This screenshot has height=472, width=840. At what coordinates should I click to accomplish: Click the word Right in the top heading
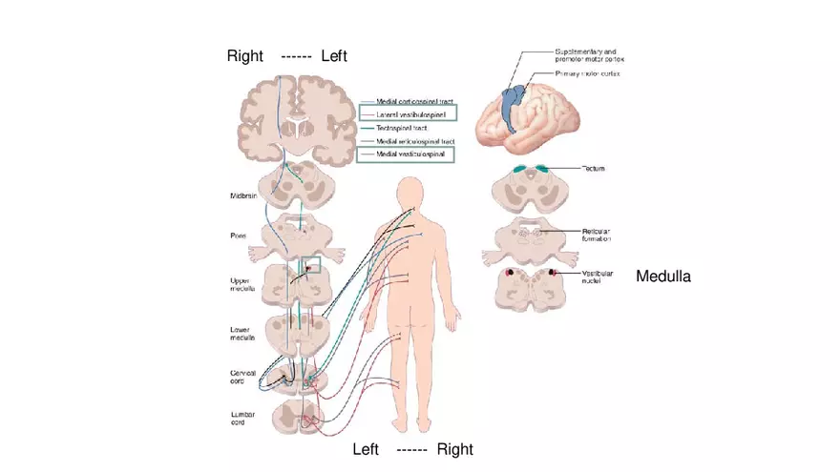[x=244, y=56]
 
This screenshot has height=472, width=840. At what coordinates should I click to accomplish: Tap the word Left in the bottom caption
[x=367, y=449]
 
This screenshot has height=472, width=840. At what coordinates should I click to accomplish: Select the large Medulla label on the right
[x=663, y=277]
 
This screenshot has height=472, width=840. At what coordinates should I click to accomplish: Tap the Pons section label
[x=239, y=234]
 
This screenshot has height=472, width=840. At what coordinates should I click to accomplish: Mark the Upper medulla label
[x=241, y=283]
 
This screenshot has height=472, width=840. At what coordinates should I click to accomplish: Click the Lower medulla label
[x=241, y=333]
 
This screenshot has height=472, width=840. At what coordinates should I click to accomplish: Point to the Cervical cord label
[x=242, y=377]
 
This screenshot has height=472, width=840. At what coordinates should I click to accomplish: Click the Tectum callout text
[x=595, y=169]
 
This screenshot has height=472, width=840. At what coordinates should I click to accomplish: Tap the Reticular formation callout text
[x=601, y=235]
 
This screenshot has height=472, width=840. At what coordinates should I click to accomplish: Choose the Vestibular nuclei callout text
[x=599, y=277]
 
